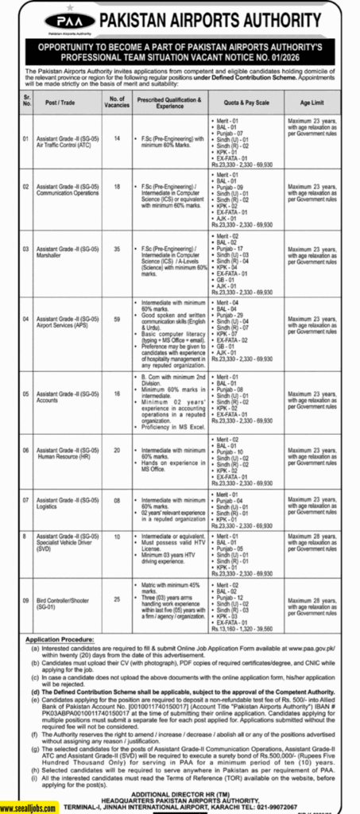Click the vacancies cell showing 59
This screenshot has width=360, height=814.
click(112, 321)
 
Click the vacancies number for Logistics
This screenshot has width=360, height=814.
click(112, 500)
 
